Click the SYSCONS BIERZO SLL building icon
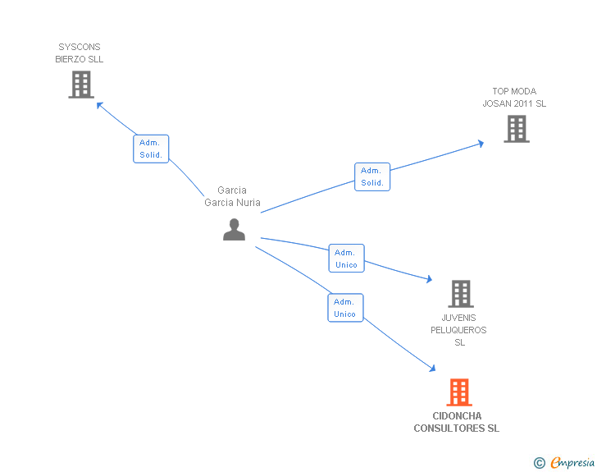80,85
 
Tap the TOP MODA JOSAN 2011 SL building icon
516,129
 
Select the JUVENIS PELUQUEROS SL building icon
461,294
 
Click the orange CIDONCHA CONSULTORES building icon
459,392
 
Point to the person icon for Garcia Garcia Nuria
234,229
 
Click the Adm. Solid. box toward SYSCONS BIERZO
151,149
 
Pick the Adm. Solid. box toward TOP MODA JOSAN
372,176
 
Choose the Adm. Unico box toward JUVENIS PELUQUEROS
346,258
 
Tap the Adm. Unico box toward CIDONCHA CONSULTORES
345,307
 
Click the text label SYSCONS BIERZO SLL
80,53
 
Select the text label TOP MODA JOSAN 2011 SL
514,98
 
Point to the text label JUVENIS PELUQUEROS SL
459,330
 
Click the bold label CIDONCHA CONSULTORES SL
456,422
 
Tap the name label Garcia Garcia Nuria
232,196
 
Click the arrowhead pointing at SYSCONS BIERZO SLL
99,104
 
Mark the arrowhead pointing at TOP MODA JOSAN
481,144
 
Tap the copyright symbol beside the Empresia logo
539,464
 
